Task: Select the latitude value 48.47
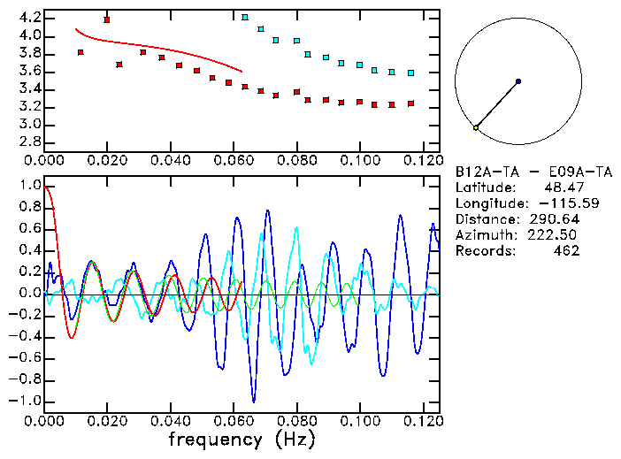point(560,187)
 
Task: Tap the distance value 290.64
point(555,218)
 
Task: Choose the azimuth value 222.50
point(555,234)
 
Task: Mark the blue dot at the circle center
point(517,81)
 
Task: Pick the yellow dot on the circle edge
point(476,128)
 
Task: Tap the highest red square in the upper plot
point(107,19)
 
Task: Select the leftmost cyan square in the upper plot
point(245,17)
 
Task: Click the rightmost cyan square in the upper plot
point(410,73)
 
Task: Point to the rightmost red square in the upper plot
point(410,103)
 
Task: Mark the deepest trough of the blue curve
point(254,401)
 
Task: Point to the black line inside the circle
point(497,104)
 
